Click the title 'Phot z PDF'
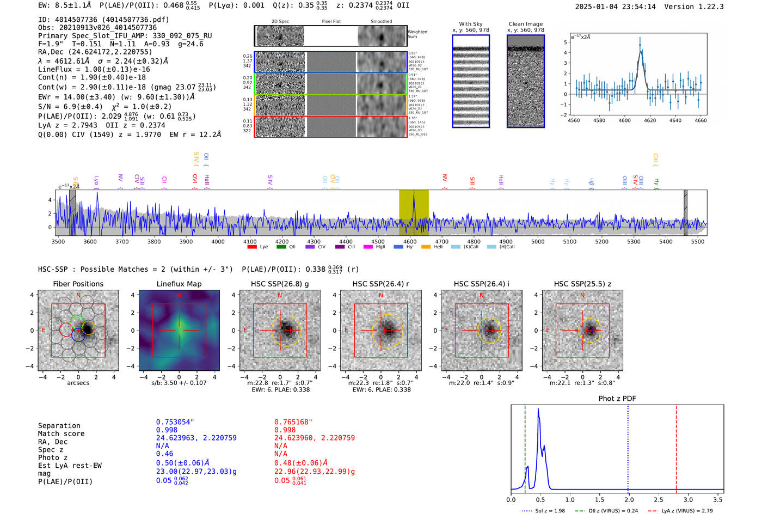pos(617,399)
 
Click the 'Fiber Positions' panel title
pos(78,284)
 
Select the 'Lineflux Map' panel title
pos(179,284)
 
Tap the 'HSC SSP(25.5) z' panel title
pos(582,284)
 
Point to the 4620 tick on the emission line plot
pos(650,120)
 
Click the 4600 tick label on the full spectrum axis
pos(410,242)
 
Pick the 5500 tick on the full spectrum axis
pos(698,242)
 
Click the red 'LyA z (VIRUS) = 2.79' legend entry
pos(687,511)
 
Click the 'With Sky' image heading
pos(471,24)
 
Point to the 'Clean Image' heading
pos(525,24)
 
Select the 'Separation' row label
pos(59,426)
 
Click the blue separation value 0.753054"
pos(175,422)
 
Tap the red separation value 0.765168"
pos(293,422)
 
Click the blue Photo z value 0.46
pos(164,454)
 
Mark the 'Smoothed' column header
pos(381,22)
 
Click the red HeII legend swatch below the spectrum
pos(426,247)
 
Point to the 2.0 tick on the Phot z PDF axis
pos(629,499)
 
